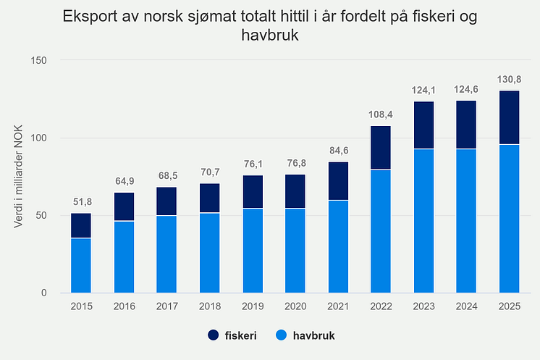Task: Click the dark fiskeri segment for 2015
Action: point(80,225)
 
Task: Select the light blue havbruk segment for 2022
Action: point(381,231)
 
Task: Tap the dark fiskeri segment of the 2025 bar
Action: point(509,117)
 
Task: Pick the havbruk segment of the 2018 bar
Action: point(209,252)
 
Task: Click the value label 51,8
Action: point(80,202)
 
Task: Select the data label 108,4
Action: point(381,114)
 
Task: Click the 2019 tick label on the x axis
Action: point(252,306)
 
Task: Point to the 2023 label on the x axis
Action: point(423,306)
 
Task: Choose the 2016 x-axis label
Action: point(124,306)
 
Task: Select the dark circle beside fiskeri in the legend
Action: point(214,336)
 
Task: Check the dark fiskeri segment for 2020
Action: point(295,191)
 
